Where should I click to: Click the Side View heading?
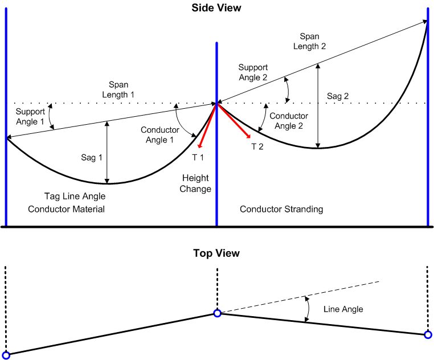[216, 8]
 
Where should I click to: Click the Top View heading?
[216, 253]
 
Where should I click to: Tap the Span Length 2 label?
[309, 42]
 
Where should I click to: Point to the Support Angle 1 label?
[30, 117]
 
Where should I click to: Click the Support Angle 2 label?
[253, 72]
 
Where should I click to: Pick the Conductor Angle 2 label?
[289, 121]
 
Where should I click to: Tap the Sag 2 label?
[337, 96]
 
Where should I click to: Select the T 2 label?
[258, 146]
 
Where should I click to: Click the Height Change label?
[195, 183]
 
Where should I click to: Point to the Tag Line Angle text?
[75, 197]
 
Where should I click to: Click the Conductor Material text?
[66, 209]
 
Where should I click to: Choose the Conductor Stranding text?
[281, 209]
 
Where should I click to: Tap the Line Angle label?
[343, 309]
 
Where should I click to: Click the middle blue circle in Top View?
[217, 313]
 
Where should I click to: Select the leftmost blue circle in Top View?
[6, 355]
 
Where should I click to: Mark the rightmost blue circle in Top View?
[428, 335]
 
